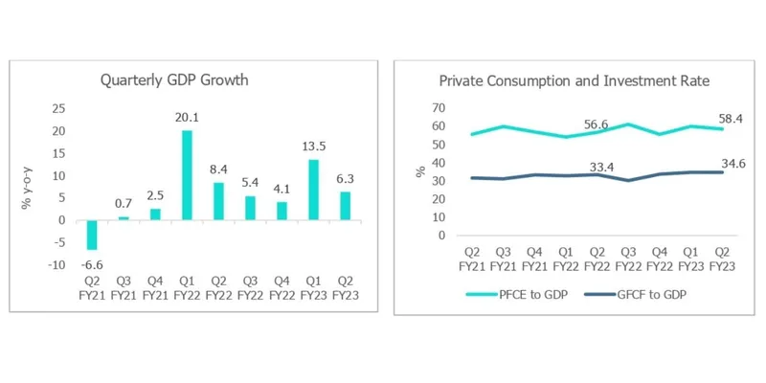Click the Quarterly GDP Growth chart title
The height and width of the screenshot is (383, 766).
(174, 80)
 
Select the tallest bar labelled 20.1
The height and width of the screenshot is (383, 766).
(188, 175)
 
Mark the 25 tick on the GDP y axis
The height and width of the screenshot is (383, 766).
(58, 108)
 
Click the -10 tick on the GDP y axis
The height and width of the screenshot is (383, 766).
(56, 264)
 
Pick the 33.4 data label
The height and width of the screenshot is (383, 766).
(599, 166)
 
